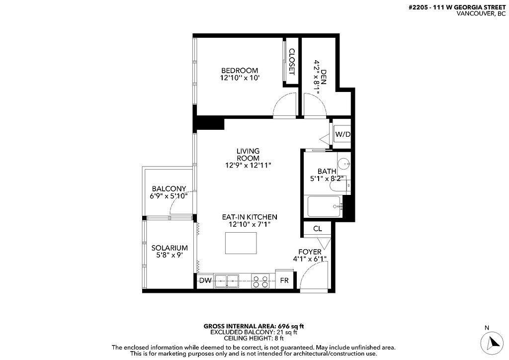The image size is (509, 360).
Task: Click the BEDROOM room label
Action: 240,71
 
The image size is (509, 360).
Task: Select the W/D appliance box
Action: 342,134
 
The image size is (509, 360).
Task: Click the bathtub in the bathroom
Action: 325,206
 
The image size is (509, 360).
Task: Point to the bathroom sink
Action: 344,163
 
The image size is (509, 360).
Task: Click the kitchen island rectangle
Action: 243,243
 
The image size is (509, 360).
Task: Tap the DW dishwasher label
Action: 205,280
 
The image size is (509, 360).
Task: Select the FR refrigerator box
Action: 284,281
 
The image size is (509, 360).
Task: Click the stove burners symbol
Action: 260,281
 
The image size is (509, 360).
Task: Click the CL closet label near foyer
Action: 317,229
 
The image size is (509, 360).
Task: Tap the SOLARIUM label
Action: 170,248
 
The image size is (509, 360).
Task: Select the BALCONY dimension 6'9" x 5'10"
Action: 169,196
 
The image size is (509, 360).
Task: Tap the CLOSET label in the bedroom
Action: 292,62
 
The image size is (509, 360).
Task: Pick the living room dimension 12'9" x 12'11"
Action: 248,165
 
